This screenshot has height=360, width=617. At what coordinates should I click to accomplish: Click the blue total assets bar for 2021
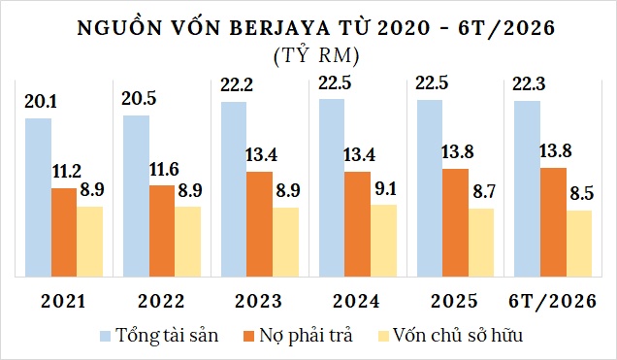pyautogui.click(x=38, y=197)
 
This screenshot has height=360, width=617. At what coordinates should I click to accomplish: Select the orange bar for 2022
pyautogui.click(x=162, y=231)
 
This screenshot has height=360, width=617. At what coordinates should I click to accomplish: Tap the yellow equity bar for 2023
pyautogui.click(x=285, y=242)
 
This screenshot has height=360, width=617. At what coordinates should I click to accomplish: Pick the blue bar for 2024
pyautogui.click(x=332, y=187)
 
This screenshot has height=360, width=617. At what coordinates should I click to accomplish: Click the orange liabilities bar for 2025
pyautogui.click(x=456, y=222)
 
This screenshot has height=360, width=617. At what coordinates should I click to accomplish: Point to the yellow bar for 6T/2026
pyautogui.click(x=579, y=244)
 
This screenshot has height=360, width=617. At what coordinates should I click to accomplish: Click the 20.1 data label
pyautogui.click(x=41, y=102)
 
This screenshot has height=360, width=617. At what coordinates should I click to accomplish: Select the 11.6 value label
pyautogui.click(x=164, y=169)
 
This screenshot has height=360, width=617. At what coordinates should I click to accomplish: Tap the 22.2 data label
pyautogui.click(x=237, y=85)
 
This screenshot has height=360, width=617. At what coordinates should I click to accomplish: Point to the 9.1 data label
pyautogui.click(x=386, y=189)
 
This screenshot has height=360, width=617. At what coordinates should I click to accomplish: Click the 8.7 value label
pyautogui.click(x=484, y=192)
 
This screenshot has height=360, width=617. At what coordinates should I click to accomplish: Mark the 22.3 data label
pyautogui.click(x=529, y=84)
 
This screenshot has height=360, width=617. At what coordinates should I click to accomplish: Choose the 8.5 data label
pyautogui.click(x=581, y=194)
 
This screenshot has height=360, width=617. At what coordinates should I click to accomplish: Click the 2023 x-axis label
pyautogui.click(x=258, y=302)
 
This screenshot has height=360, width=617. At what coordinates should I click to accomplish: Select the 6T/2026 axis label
pyautogui.click(x=552, y=302)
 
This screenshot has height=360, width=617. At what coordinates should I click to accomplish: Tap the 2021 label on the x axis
pyautogui.click(x=63, y=302)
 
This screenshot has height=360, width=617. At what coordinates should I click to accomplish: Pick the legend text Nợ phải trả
pyautogui.click(x=306, y=336)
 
